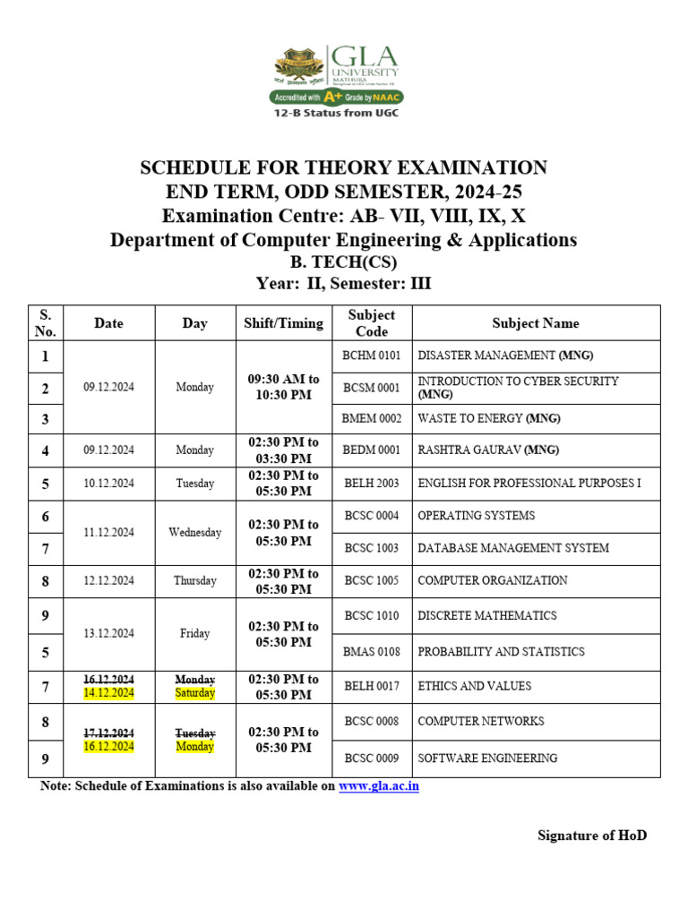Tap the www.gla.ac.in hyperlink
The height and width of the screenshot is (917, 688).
(x=378, y=786)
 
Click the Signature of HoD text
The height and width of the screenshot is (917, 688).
(x=591, y=836)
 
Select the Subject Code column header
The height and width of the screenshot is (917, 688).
(x=372, y=323)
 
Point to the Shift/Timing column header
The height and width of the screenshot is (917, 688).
(x=283, y=323)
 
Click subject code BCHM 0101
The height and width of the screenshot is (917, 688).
(x=372, y=356)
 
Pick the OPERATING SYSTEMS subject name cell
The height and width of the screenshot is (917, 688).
(x=477, y=515)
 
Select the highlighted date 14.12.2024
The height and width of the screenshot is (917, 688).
(x=108, y=693)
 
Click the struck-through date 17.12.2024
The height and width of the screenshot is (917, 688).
(x=108, y=733)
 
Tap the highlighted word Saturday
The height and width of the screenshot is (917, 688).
(x=194, y=693)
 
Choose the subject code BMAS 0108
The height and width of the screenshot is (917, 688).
(x=372, y=652)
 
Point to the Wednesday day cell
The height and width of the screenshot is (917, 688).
(x=194, y=532)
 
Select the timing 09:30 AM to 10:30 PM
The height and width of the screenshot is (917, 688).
(x=283, y=387)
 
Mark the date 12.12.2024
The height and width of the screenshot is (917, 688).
(x=108, y=580)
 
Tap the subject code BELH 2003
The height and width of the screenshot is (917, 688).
(x=372, y=484)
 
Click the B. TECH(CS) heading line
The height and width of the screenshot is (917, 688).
(x=343, y=262)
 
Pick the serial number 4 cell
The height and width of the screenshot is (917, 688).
(x=46, y=450)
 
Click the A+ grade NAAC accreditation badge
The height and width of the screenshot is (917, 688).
(x=336, y=97)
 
